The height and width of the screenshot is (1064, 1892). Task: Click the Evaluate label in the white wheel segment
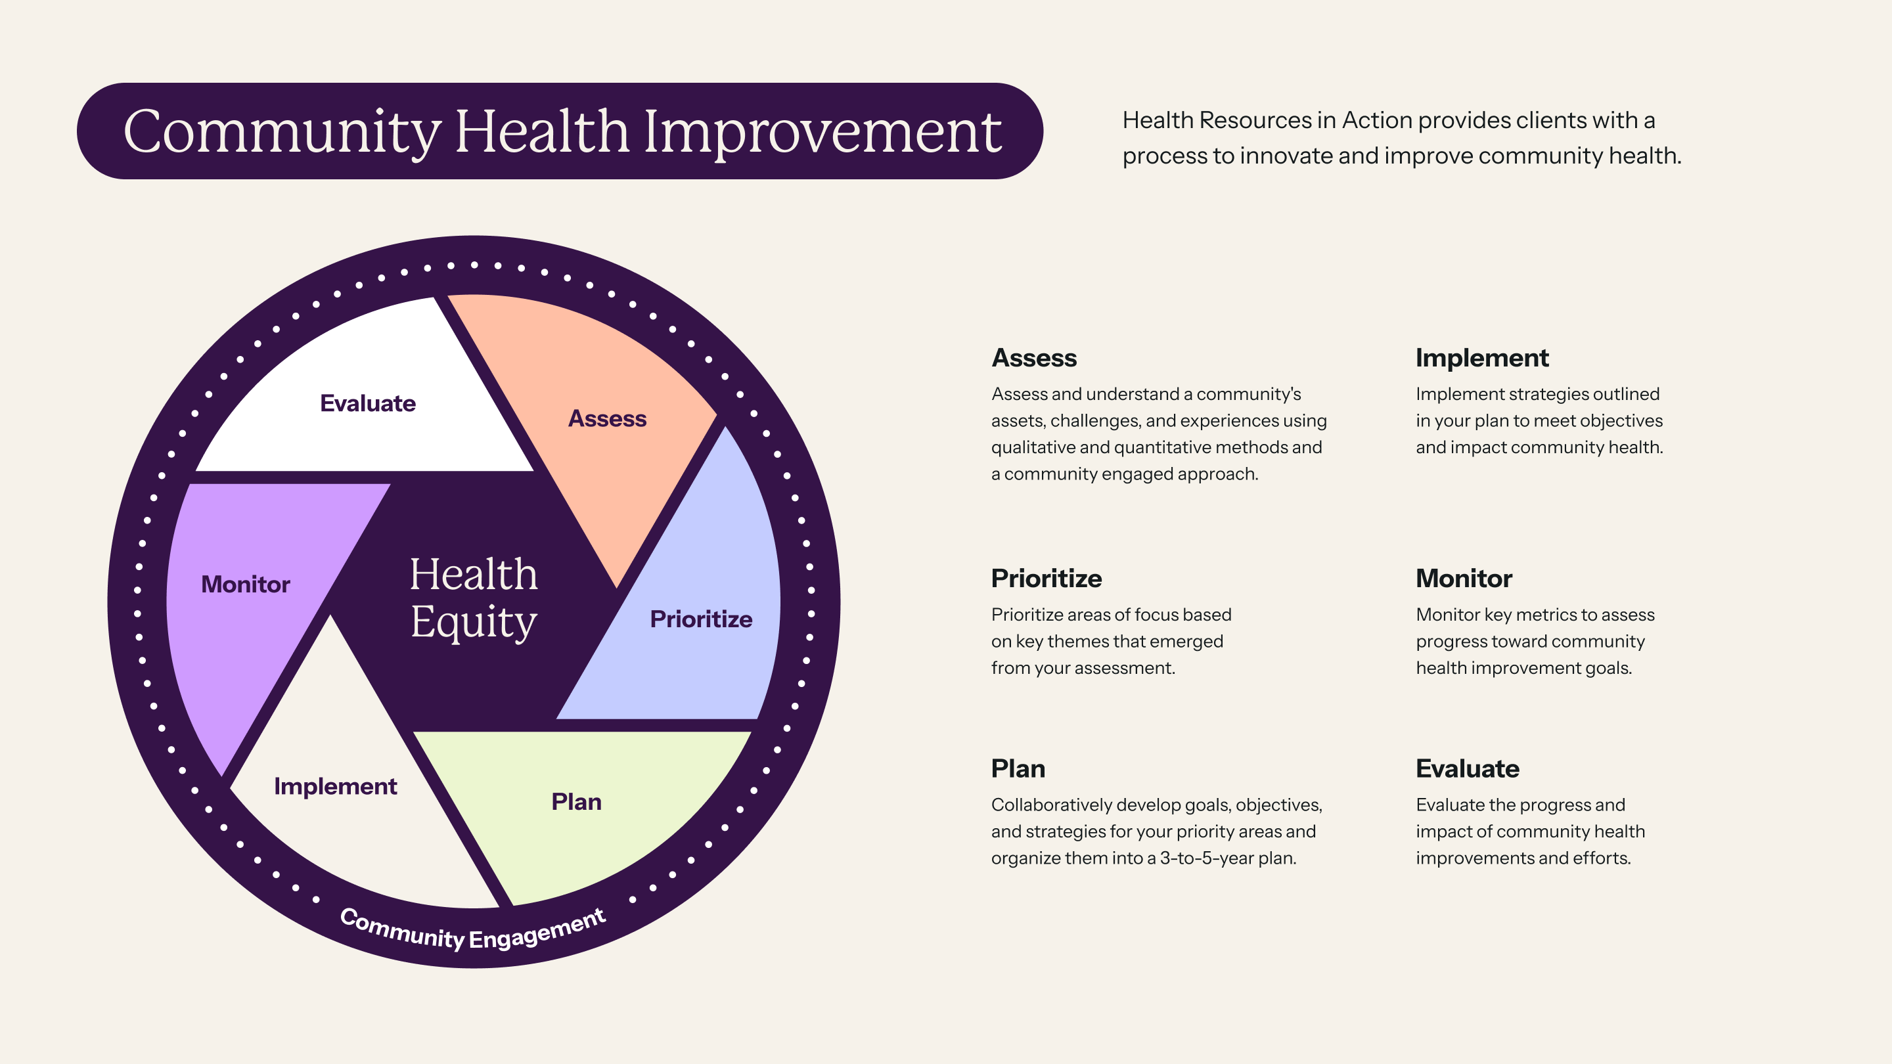pyautogui.click(x=368, y=403)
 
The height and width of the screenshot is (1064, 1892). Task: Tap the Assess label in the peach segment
pyautogui.click(x=608, y=418)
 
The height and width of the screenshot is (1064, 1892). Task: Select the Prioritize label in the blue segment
pyautogui.click(x=702, y=619)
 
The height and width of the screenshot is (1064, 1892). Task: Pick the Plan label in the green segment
pyautogui.click(x=577, y=802)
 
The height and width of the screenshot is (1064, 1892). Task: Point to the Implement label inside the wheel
pyautogui.click(x=336, y=786)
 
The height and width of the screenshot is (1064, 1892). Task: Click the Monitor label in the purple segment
pyautogui.click(x=245, y=585)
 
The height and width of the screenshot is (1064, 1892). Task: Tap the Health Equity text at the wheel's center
pyautogui.click(x=474, y=598)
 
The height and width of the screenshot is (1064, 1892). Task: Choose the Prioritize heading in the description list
pyautogui.click(x=1047, y=579)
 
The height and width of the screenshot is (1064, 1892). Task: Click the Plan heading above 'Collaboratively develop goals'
pyautogui.click(x=1018, y=769)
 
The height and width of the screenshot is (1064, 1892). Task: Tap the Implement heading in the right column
pyautogui.click(x=1482, y=359)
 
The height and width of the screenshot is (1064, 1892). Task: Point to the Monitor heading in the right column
pyautogui.click(x=1464, y=579)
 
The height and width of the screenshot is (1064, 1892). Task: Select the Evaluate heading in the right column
pyautogui.click(x=1468, y=769)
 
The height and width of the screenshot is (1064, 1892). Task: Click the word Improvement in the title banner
pyautogui.click(x=823, y=133)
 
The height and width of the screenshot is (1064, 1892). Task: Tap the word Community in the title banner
pyautogui.click(x=282, y=133)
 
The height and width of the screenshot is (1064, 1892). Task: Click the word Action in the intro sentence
pyautogui.click(x=1377, y=120)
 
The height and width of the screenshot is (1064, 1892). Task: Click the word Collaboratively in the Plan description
pyautogui.click(x=1051, y=805)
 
